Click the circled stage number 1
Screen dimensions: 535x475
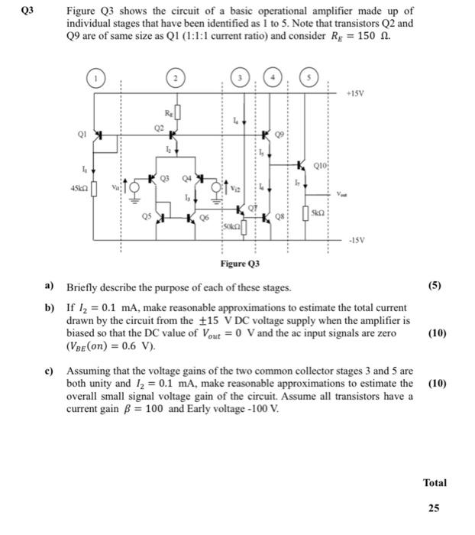(x=97, y=77)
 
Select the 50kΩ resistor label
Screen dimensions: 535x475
(x=233, y=227)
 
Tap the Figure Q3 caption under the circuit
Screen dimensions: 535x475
(x=234, y=264)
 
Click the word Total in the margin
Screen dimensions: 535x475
(x=434, y=482)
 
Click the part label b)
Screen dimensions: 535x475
(x=50, y=305)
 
